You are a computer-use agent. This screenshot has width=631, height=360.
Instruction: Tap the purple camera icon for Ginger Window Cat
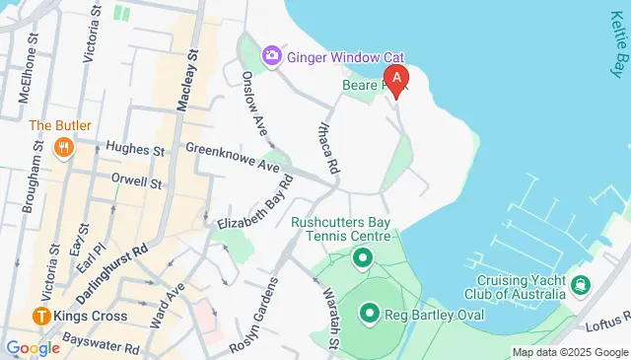coord(271,57)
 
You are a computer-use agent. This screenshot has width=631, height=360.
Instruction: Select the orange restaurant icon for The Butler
coord(64,149)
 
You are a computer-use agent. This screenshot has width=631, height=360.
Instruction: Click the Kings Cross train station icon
coord(42,318)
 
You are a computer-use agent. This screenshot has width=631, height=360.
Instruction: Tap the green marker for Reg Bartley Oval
coord(370,315)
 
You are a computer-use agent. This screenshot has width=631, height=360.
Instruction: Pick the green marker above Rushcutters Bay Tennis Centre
coord(362,259)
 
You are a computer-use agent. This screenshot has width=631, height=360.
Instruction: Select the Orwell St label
coord(136,182)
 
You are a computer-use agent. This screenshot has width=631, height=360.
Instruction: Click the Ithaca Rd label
coord(328,149)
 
